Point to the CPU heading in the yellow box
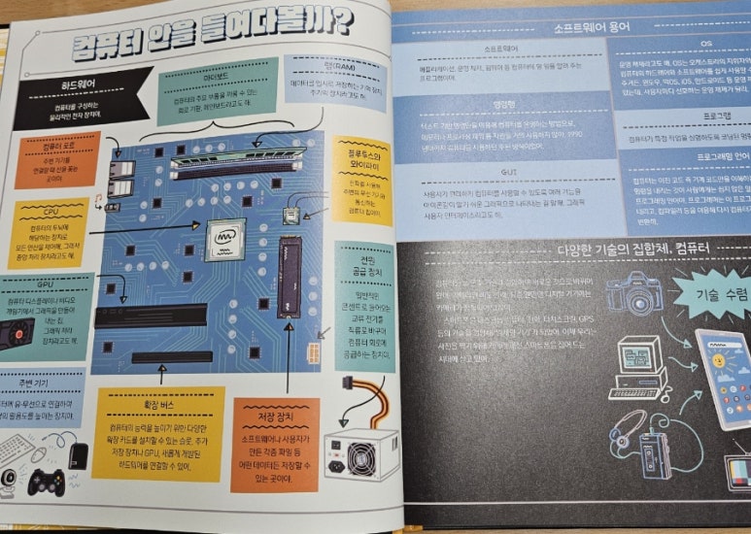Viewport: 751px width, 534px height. pyautogui.click(x=52, y=209)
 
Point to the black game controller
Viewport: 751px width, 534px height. pyautogui.click(x=46, y=478)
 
